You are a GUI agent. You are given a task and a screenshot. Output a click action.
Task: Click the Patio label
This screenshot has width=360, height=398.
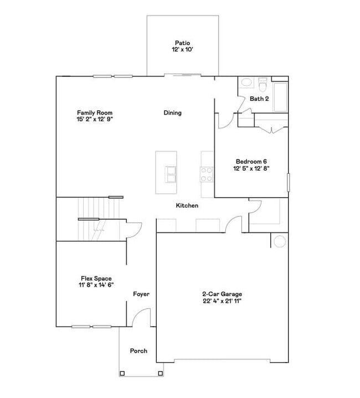click(182, 43)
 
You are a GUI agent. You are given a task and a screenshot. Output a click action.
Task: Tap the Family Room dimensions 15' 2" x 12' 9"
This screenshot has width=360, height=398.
click(95, 119)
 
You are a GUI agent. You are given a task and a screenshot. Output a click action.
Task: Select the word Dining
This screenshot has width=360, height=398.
click(172, 113)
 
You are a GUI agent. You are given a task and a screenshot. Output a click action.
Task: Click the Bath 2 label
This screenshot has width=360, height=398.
click(259, 99)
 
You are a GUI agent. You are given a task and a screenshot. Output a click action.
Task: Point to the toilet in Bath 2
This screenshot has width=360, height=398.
click(263, 85)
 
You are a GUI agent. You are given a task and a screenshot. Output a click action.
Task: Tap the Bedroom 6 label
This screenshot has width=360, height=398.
click(251, 162)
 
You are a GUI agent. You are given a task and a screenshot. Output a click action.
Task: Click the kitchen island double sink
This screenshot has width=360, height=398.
click(170, 174)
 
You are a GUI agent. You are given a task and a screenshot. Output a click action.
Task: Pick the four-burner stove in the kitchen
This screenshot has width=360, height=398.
click(207, 174)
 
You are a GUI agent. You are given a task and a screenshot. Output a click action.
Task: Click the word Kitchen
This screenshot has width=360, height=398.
click(187, 206)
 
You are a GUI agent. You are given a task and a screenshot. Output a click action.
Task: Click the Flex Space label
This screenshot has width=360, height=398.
click(96, 278)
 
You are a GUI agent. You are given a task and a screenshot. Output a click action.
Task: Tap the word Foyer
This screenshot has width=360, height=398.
click(141, 294)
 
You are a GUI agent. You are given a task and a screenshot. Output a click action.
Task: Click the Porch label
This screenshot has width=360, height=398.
click(138, 351)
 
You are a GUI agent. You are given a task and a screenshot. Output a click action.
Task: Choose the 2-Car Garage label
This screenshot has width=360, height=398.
click(222, 294)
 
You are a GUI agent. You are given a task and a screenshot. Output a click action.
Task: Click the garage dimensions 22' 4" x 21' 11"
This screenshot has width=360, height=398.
click(222, 301)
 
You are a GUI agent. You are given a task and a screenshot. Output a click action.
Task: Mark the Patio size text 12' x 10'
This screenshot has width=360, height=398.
click(182, 49)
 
